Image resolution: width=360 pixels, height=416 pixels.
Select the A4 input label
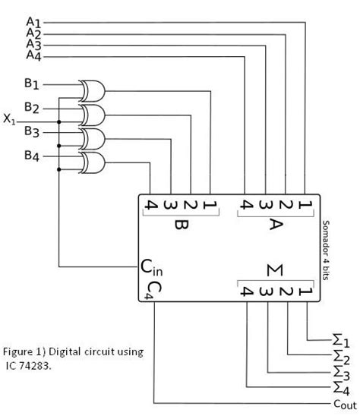point(35,55)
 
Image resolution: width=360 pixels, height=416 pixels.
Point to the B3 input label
point(33,131)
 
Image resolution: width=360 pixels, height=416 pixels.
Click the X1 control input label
point(10,119)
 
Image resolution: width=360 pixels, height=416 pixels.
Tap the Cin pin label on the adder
point(151,266)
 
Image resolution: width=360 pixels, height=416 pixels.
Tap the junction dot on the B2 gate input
point(58,120)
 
